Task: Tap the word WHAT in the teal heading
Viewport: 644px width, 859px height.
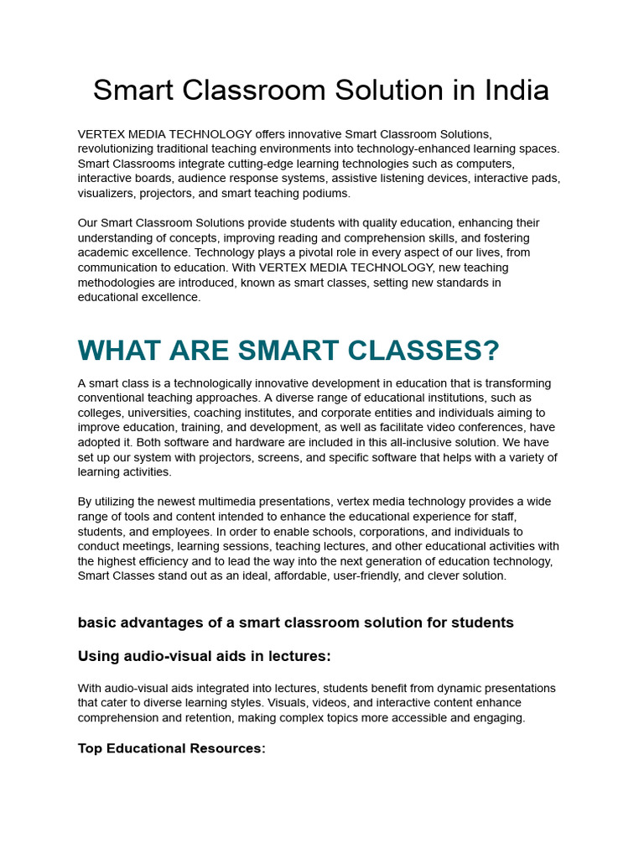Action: click(117, 350)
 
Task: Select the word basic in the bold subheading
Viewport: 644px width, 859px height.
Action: click(96, 622)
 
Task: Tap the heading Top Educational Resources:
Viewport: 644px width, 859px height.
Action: click(171, 748)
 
